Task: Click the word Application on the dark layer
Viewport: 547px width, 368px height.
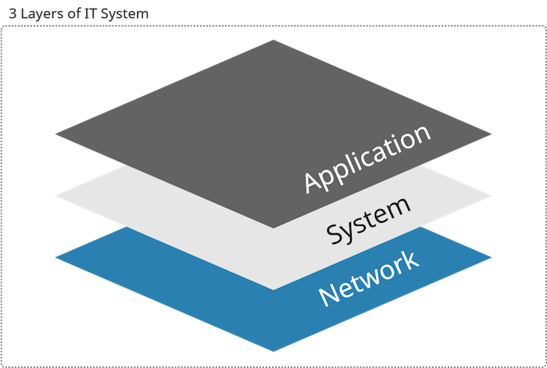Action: (368, 159)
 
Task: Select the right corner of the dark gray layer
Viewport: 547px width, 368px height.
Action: (492, 134)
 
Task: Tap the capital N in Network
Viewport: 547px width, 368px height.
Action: (327, 295)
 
